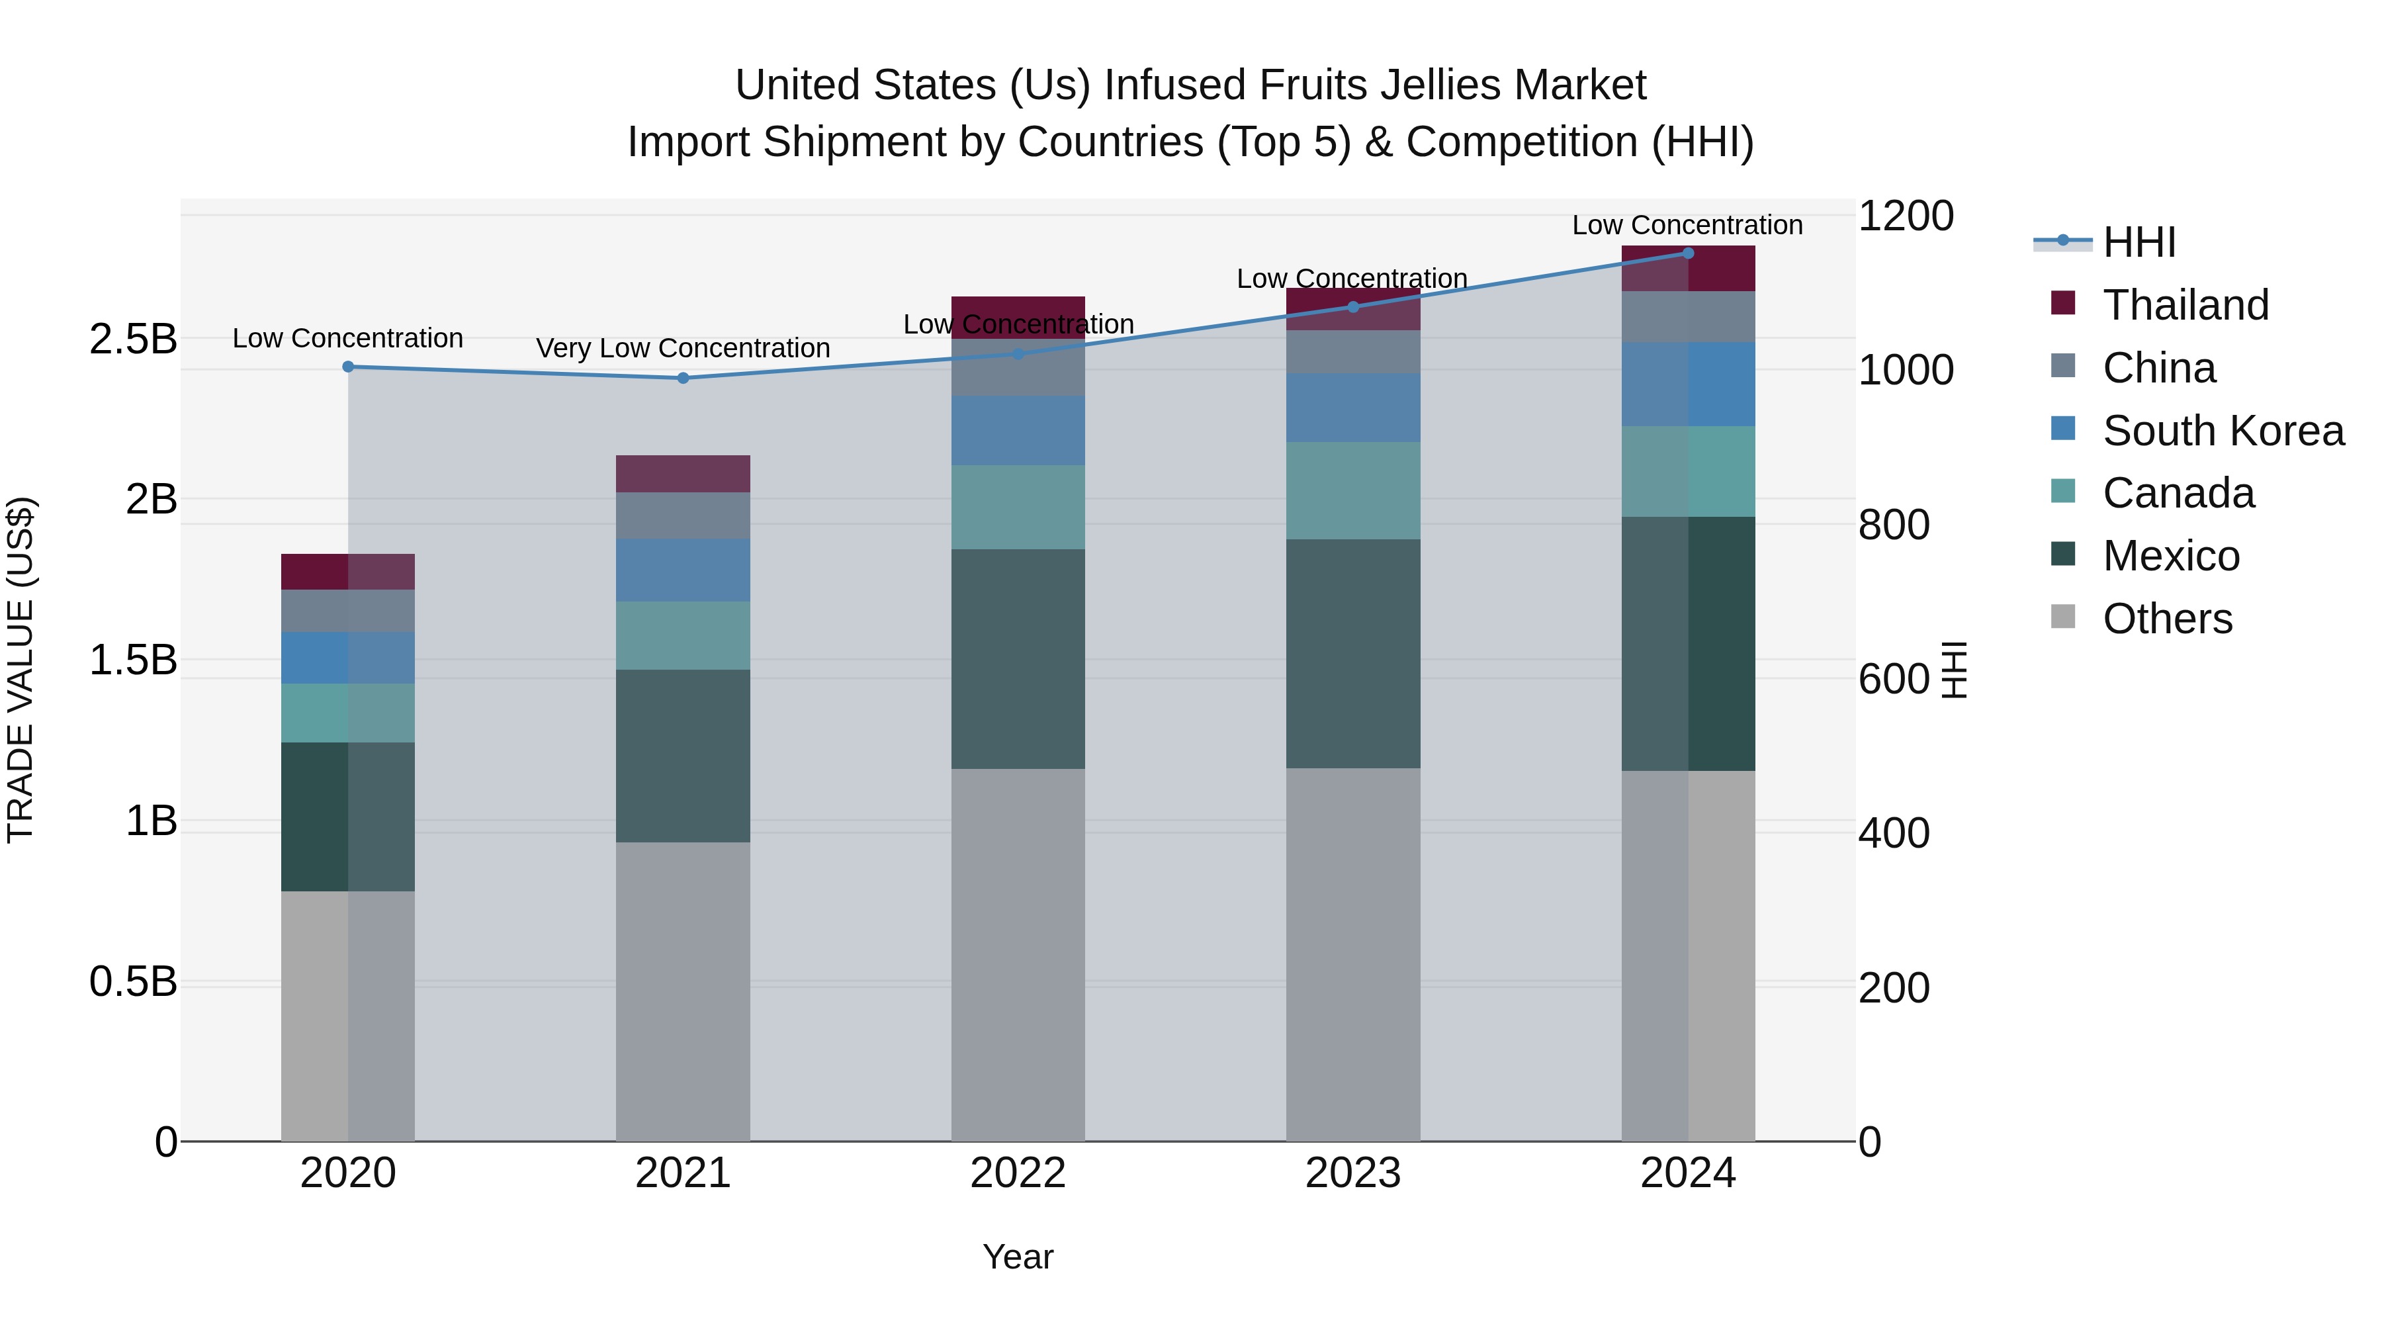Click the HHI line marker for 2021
pos(684,377)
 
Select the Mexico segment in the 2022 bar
pos(1018,658)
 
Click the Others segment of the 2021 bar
pos(684,991)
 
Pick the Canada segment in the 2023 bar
pos(1353,490)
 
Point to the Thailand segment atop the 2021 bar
pos(684,474)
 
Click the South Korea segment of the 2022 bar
pos(1018,430)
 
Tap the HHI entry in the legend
pos(2139,242)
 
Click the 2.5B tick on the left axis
pos(133,339)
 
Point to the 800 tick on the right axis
pos(1894,524)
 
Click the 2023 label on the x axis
pos(1353,1173)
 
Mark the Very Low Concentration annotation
pos(684,347)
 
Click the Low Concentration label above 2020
pos(347,337)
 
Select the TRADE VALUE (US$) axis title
pos(21,670)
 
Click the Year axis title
pos(1018,1257)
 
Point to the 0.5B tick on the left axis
pos(133,981)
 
